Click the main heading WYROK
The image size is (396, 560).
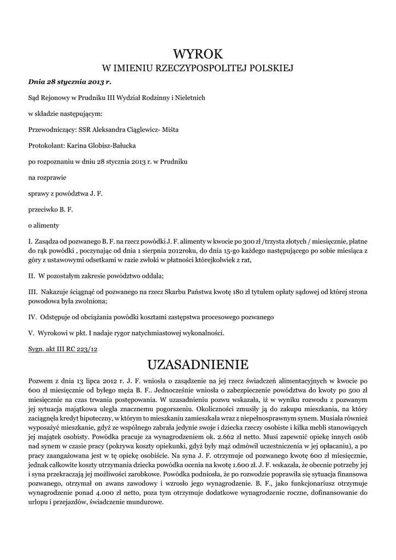198,54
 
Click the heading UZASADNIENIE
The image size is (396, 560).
198,364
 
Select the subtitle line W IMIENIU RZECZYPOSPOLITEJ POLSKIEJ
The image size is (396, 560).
198,69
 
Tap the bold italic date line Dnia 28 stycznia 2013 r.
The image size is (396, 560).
69,82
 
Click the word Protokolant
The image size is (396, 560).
45,146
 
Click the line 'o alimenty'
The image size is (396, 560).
43,225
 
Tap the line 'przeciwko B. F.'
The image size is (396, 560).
50,209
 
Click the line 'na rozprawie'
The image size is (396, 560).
47,178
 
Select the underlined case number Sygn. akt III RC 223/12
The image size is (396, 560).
62,348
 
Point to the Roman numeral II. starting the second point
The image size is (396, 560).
32,276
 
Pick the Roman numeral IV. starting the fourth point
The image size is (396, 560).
32,317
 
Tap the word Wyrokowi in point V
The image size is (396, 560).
53,332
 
